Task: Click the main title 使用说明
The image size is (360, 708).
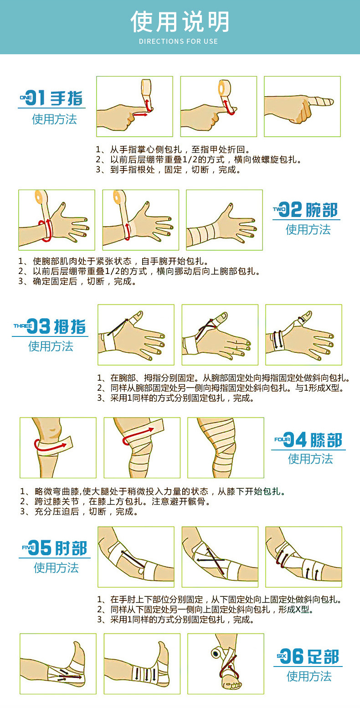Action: pyautogui.click(x=180, y=22)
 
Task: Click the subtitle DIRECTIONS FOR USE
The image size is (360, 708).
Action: pyautogui.click(x=178, y=41)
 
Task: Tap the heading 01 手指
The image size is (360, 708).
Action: pyautogui.click(x=51, y=98)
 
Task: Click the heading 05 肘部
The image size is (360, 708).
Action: pyautogui.click(x=54, y=548)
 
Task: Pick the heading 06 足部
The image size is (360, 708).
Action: pyautogui.click(x=308, y=656)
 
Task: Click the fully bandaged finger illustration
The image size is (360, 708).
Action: pyautogui.click(x=302, y=106)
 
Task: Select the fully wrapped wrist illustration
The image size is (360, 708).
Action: pyautogui.click(x=224, y=220)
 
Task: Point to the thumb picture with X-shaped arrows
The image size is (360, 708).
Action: pyautogui.click(x=220, y=335)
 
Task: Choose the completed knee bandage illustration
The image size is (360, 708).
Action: pyautogui.click(x=226, y=447)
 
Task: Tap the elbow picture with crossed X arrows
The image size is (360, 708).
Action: pyautogui.click(x=220, y=557)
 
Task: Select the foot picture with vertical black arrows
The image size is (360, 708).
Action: pyautogui.click(x=142, y=663)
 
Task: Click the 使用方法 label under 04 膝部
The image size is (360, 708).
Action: pyautogui.click(x=310, y=459)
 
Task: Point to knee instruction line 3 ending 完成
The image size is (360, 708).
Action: pyautogui.click(x=79, y=512)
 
